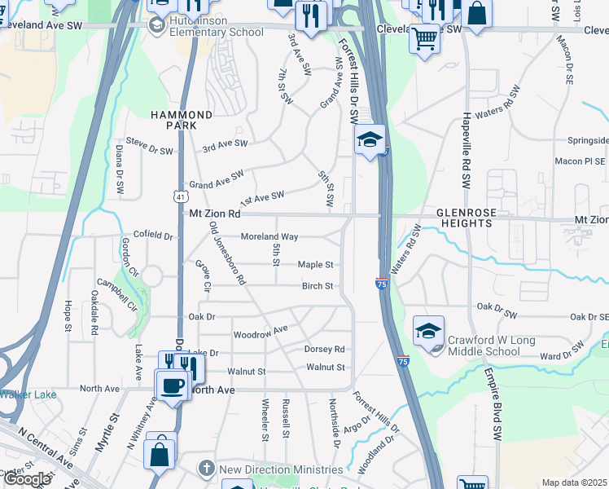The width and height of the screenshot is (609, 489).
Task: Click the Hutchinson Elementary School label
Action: (217, 25)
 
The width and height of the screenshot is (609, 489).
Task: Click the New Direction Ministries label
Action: (281, 469)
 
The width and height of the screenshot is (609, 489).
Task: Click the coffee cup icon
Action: (173, 384)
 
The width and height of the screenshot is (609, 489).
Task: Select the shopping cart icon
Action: (424, 37)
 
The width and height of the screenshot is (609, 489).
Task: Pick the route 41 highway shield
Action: (178, 196)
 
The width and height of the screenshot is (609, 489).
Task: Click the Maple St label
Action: (315, 265)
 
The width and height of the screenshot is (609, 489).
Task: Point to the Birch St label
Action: (318, 286)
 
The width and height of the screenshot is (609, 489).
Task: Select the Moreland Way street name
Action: (269, 237)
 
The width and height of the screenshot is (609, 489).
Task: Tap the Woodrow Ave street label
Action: (261, 332)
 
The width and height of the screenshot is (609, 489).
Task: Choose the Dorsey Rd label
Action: (324, 349)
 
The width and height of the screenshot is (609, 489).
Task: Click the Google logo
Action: (27, 479)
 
